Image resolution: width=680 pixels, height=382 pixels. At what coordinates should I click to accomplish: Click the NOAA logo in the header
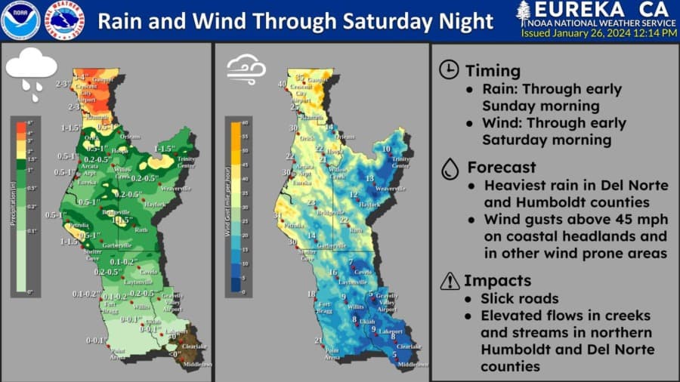point(20,20)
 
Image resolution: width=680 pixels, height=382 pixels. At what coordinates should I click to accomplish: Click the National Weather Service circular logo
point(64,20)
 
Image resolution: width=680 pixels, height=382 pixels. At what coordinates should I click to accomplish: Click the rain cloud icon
point(31,74)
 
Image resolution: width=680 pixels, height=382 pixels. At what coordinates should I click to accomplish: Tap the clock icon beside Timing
point(448,70)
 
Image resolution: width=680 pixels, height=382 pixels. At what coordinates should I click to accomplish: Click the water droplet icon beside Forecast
point(449,167)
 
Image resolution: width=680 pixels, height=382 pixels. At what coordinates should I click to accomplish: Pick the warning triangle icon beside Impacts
point(449,281)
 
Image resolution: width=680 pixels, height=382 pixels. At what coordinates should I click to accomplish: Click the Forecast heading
point(501,167)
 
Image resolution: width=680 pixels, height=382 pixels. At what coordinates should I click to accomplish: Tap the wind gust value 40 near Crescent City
point(281,84)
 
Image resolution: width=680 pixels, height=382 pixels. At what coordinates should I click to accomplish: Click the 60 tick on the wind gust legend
point(245,121)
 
